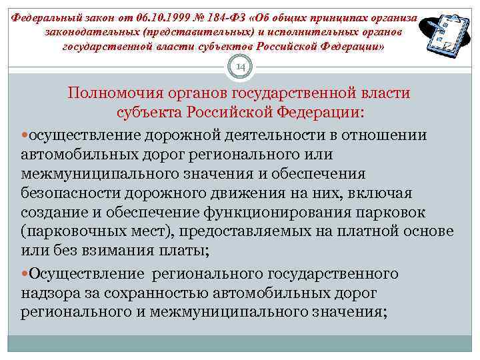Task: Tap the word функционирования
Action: click(x=274, y=212)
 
